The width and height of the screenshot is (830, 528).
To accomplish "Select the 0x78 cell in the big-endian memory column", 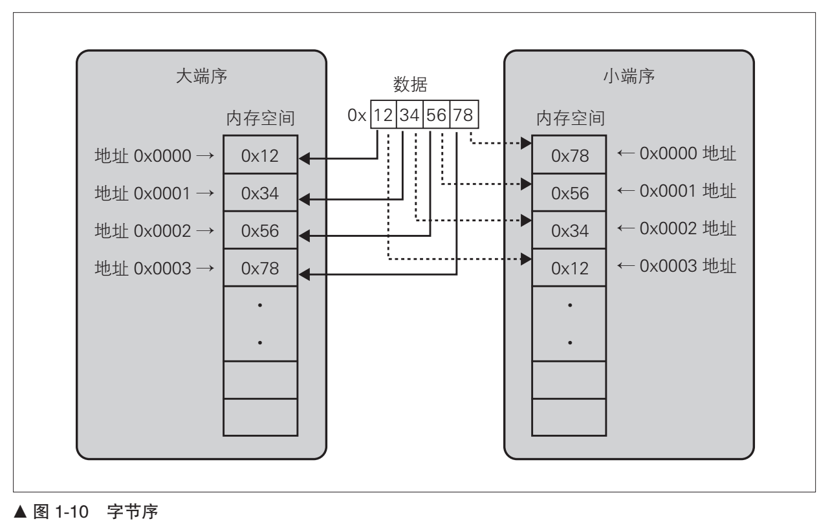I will pyautogui.click(x=260, y=269).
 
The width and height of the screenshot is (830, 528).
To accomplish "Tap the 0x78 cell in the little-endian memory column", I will pyautogui.click(x=569, y=156).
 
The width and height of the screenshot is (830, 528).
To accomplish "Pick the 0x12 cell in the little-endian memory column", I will pyautogui.click(x=569, y=268).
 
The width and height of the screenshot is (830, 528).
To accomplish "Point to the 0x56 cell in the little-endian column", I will pyautogui.click(x=569, y=193).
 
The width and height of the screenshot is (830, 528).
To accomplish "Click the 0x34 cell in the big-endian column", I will pyautogui.click(x=260, y=193).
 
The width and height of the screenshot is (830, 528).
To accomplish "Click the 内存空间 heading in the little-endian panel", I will pyautogui.click(x=569, y=118).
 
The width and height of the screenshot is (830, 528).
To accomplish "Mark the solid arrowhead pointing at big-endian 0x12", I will pyautogui.click(x=304, y=157).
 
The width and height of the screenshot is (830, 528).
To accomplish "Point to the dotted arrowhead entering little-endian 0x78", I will pyautogui.click(x=526, y=145).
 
